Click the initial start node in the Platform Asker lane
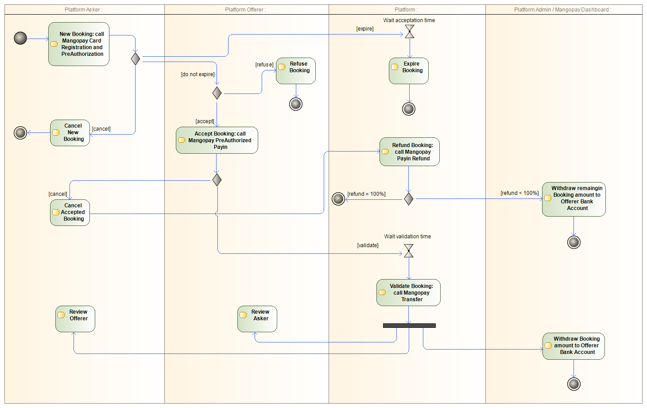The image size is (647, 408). [20, 38]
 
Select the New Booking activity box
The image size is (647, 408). [79, 44]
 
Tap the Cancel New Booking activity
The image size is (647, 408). [70, 132]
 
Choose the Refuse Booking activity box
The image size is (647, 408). [296, 71]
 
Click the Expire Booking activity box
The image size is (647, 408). [409, 71]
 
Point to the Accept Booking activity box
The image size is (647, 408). [217, 140]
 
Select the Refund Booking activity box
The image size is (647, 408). [410, 152]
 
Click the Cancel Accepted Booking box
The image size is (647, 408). [70, 212]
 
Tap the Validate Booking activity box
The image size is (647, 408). [408, 292]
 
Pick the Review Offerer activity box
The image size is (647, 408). [75, 319]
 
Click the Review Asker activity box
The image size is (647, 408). [257, 319]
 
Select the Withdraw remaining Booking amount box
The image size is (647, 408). [574, 199]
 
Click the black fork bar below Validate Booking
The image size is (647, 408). [409, 326]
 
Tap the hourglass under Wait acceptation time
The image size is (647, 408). [410, 31]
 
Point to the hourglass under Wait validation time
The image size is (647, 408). [409, 251]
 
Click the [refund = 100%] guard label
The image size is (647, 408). [366, 194]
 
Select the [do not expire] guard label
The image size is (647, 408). [198, 74]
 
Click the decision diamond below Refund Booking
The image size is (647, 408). [408, 199]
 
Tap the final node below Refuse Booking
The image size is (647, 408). [296, 104]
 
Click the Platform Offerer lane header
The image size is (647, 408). [245, 10]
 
